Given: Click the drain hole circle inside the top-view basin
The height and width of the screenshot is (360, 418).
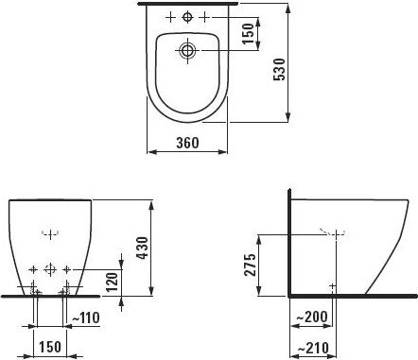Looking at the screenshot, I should coord(186,49).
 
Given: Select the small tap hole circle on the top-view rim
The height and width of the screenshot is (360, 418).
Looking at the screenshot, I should coord(186,17).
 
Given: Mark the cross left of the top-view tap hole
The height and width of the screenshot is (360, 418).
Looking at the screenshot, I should coord(169,17).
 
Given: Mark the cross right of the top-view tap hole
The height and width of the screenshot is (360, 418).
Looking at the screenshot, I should coord(203,17).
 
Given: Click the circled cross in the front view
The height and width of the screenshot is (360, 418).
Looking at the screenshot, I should coord(49,269).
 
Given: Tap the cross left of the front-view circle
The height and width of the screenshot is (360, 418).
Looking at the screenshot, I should coord(33,269).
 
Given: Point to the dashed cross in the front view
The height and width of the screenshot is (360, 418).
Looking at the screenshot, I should coord(49,231).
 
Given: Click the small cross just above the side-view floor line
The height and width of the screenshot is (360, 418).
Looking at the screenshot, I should coord(330,283).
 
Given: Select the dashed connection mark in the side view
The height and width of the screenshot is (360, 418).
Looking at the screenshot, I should coord(330,231).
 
